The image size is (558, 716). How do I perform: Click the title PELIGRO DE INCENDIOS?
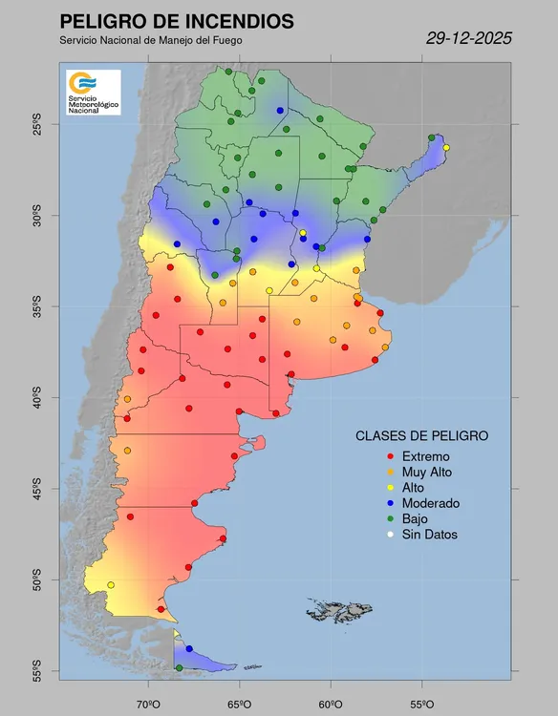point(177,21)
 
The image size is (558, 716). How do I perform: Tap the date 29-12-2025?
point(468,38)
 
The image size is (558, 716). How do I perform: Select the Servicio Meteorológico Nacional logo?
point(93,93)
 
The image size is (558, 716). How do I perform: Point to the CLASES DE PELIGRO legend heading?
point(421,435)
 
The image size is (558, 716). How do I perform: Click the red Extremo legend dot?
point(389,456)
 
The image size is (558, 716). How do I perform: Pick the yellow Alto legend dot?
point(389,488)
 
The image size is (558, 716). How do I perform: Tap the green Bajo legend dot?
point(389,519)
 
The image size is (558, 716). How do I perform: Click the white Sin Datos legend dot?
point(389,535)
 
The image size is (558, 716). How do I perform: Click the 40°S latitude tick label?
point(37,397)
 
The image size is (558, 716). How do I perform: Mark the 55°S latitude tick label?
point(37,671)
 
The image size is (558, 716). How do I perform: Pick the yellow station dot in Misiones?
point(446,147)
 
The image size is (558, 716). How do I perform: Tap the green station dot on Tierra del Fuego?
point(179,668)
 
